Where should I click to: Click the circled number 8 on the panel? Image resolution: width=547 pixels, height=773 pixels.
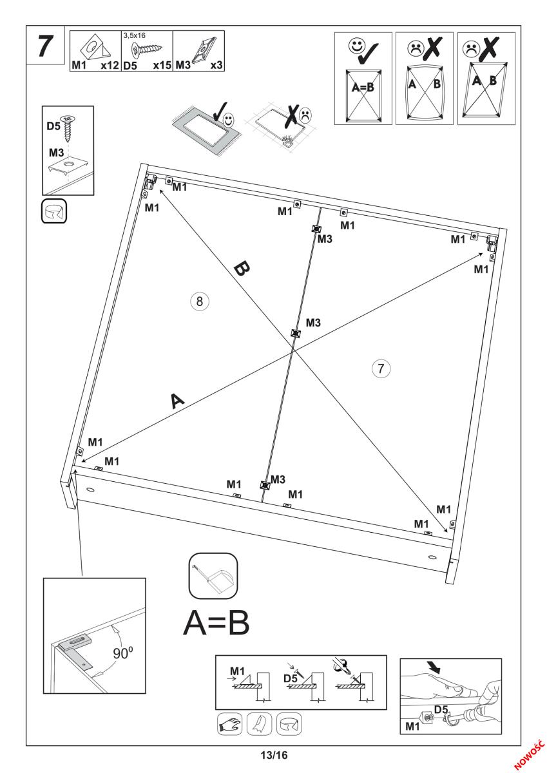point(200,301)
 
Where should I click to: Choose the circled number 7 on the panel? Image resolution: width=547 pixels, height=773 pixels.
point(381,369)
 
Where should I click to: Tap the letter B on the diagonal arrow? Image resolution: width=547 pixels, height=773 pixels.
point(240,269)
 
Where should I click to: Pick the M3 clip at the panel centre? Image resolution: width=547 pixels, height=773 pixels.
point(296,333)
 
